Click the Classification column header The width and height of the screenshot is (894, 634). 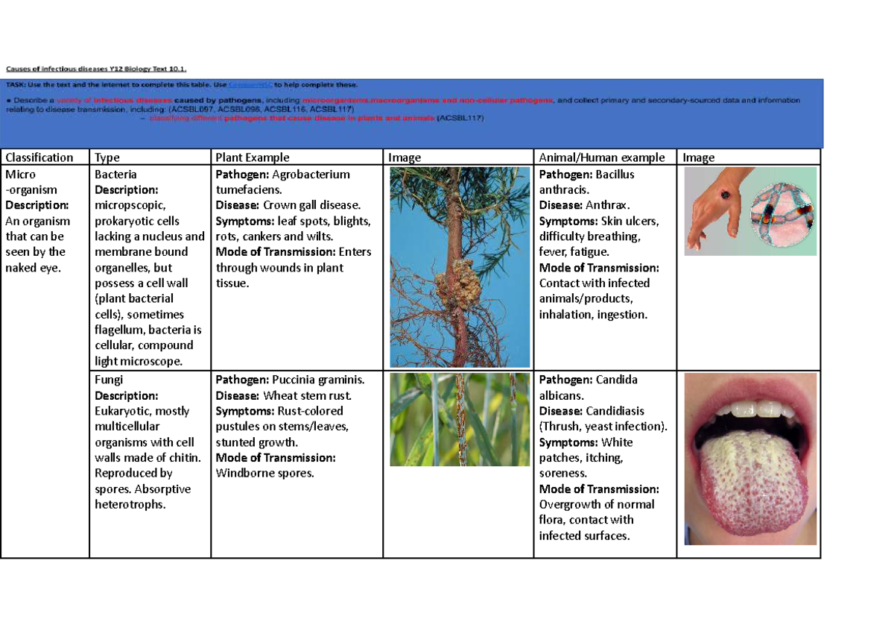39,157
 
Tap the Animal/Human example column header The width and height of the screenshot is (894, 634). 601,157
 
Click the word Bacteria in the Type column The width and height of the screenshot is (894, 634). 115,175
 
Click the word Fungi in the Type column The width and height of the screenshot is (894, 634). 109,380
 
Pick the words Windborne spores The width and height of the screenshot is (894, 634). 264,473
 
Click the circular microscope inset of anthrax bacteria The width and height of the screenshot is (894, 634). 782,211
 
